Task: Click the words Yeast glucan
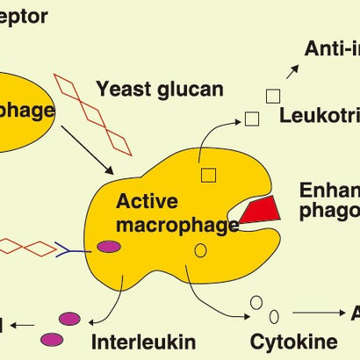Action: tap(160, 89)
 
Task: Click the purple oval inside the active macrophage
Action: tap(109, 248)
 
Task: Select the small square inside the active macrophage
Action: tap(208, 174)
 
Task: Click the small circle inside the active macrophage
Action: tap(200, 251)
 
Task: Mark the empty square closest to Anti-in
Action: tap(273, 96)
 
